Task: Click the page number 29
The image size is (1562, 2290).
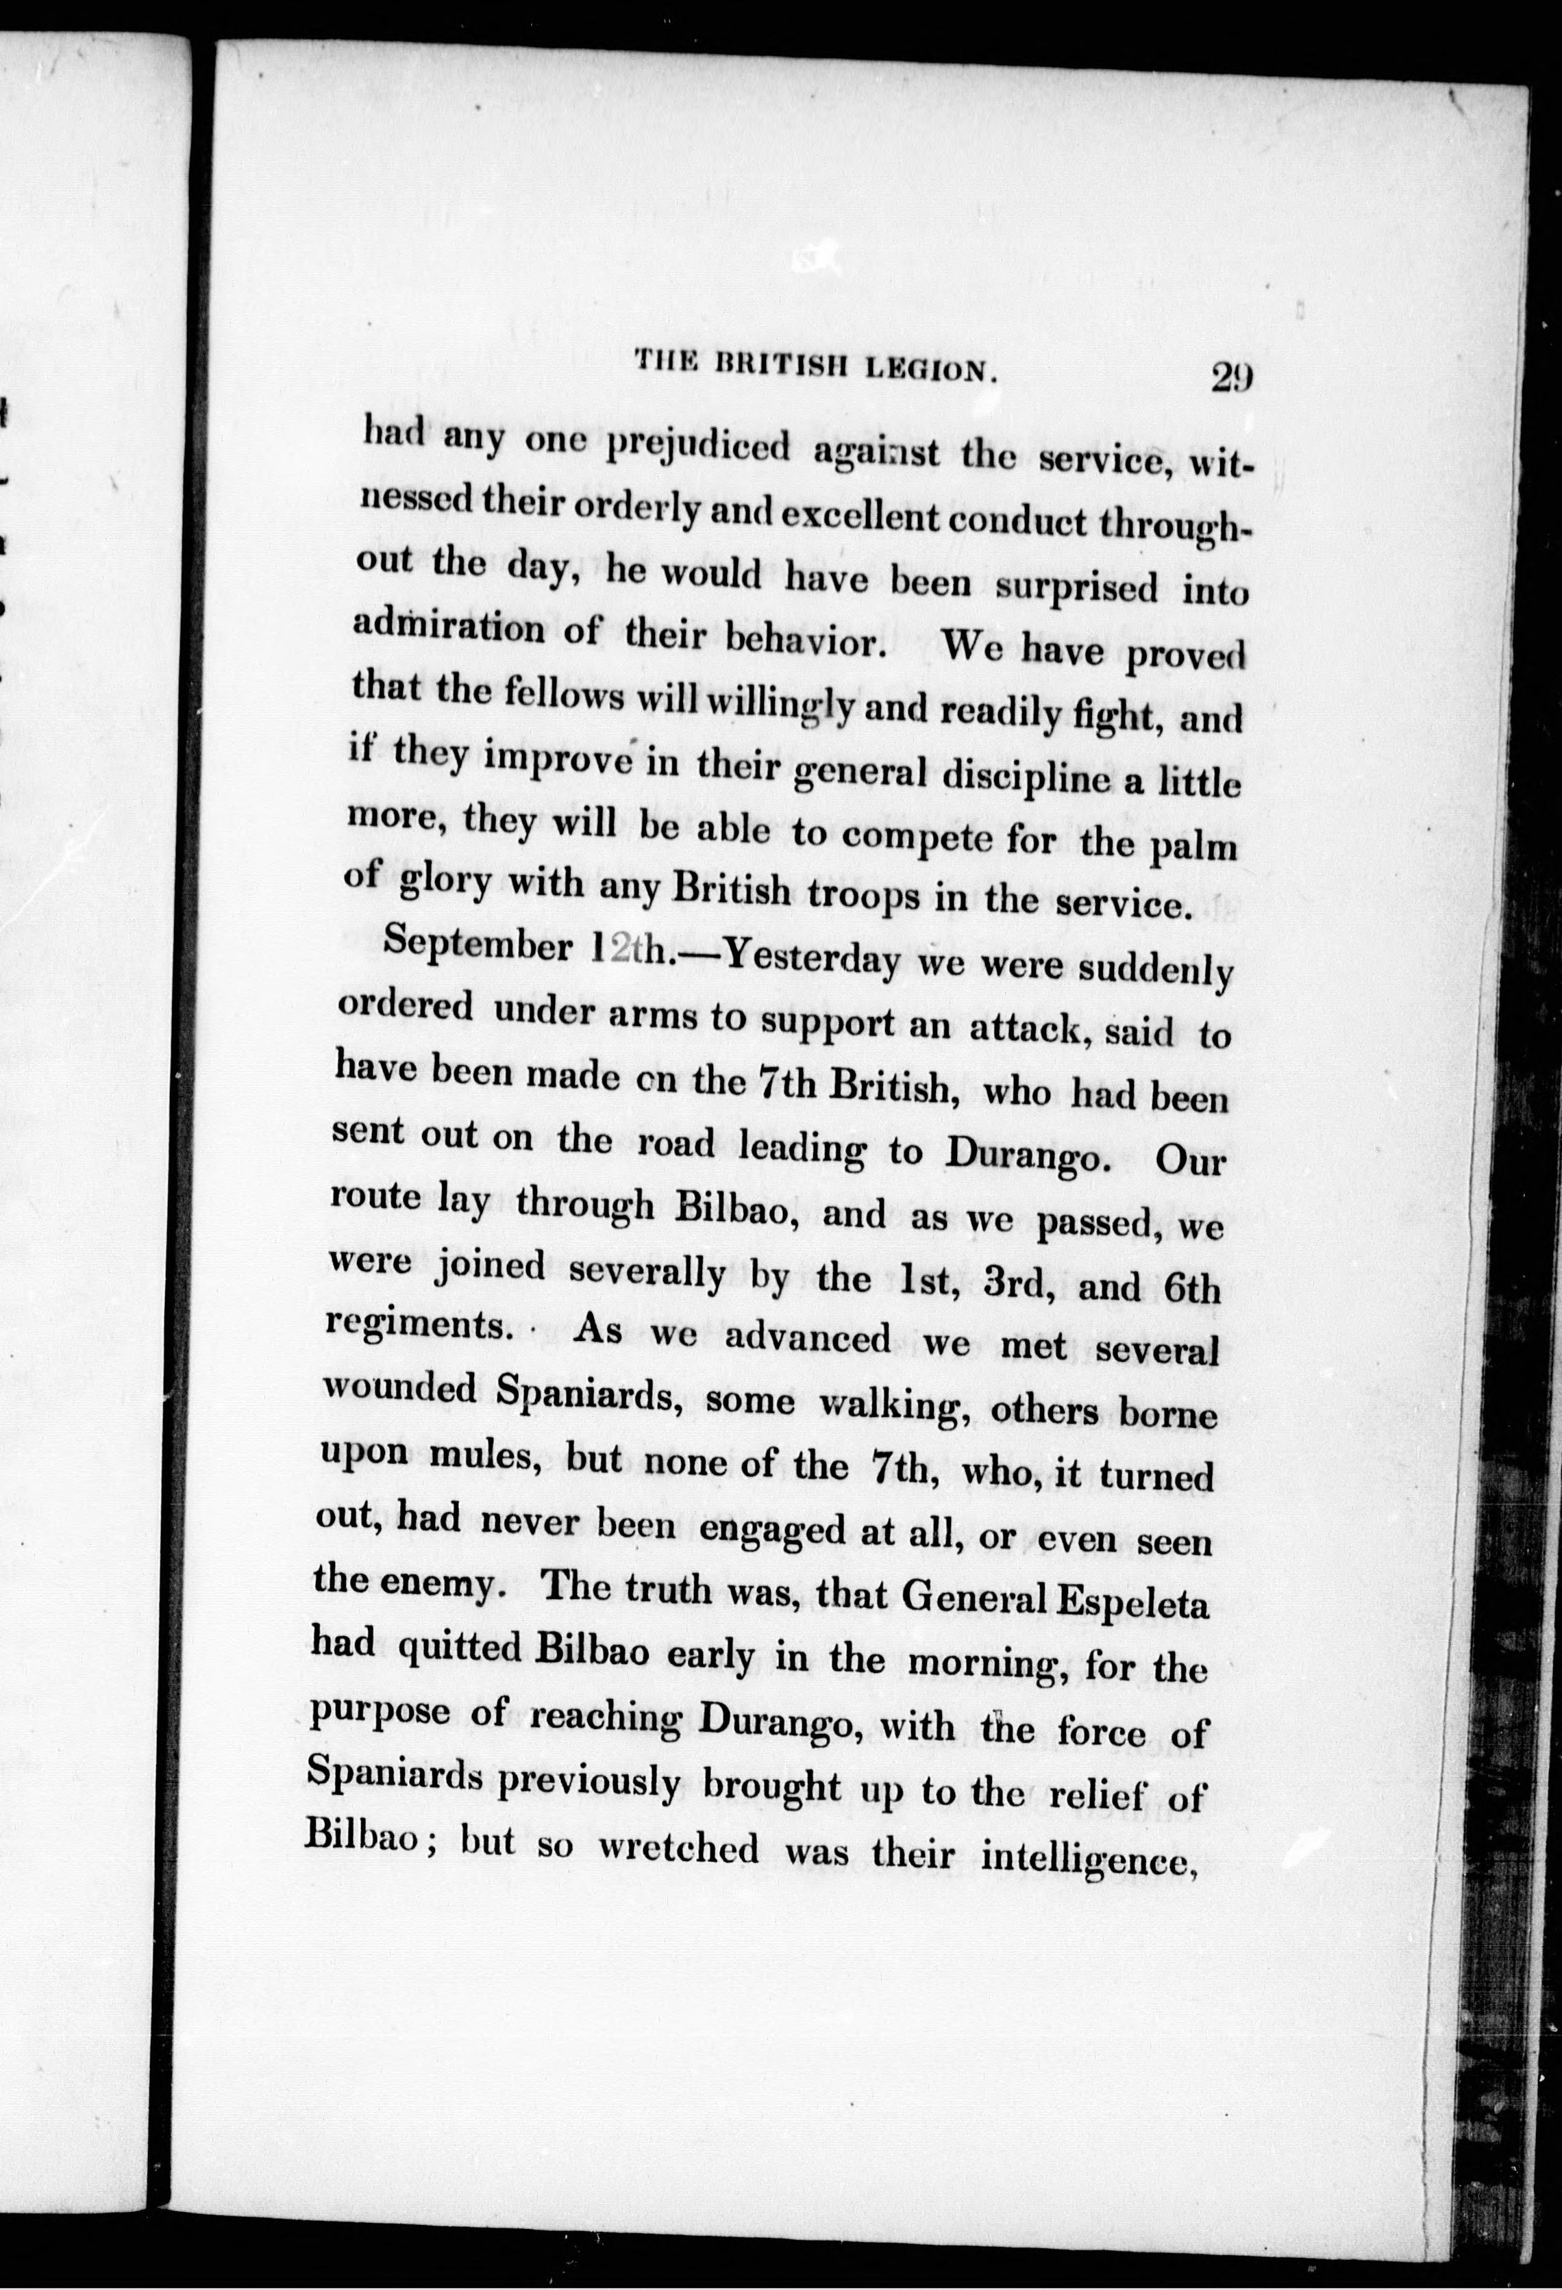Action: pos(1231,377)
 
